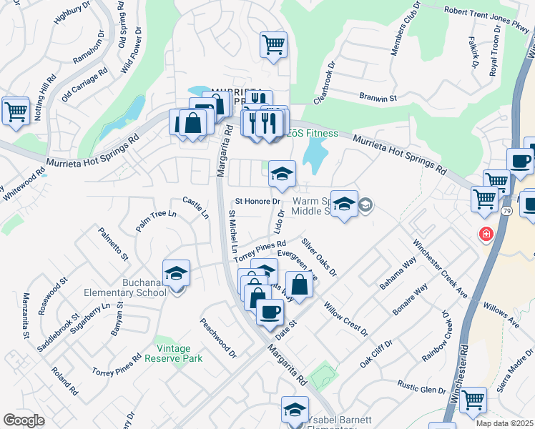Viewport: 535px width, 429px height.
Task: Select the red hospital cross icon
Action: (x=486, y=234)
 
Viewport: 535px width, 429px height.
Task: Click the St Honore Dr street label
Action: (x=256, y=202)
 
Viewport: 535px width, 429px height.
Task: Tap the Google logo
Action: (x=24, y=420)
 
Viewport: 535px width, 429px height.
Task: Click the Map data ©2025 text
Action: (x=504, y=423)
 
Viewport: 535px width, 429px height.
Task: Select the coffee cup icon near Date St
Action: (x=270, y=312)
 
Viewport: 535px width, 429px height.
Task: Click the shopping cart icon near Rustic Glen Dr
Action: (x=473, y=400)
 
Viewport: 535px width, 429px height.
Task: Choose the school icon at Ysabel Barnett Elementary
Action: (x=294, y=410)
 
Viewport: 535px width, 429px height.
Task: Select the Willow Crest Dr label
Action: (x=345, y=320)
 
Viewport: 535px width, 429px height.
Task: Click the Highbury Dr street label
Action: (x=72, y=14)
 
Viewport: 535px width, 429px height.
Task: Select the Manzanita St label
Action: (x=25, y=315)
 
